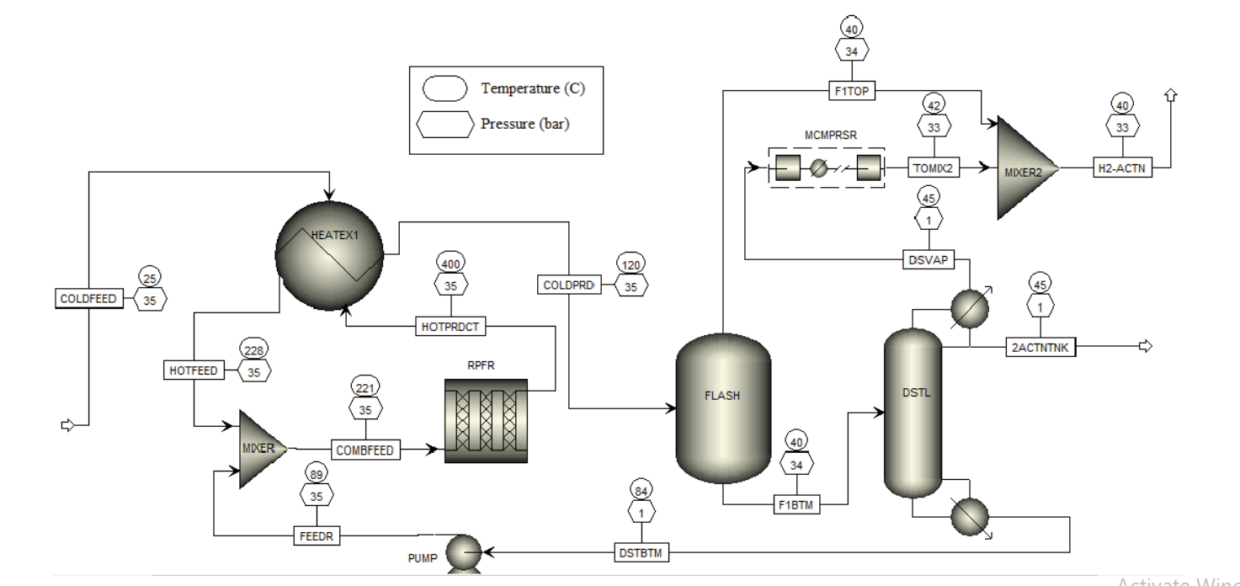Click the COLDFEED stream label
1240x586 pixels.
pos(88,298)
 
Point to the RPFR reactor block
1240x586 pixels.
pos(486,420)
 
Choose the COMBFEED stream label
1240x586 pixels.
pos(365,450)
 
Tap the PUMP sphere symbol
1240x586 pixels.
pos(462,553)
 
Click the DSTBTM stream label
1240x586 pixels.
pos(641,552)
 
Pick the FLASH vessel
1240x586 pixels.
pos(723,408)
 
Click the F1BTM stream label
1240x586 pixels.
pos(797,505)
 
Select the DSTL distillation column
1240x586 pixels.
pos(912,413)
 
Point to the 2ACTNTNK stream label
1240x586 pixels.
pos(1041,346)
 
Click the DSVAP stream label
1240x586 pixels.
pos(929,259)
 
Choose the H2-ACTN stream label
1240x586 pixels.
pos(1121,168)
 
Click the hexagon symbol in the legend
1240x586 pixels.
pos(444,125)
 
